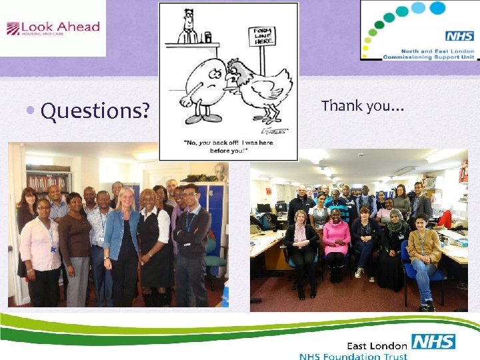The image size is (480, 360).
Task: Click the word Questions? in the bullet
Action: click(x=95, y=111)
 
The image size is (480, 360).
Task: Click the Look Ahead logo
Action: click(x=53, y=28)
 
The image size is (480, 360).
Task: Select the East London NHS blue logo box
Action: click(x=433, y=342)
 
